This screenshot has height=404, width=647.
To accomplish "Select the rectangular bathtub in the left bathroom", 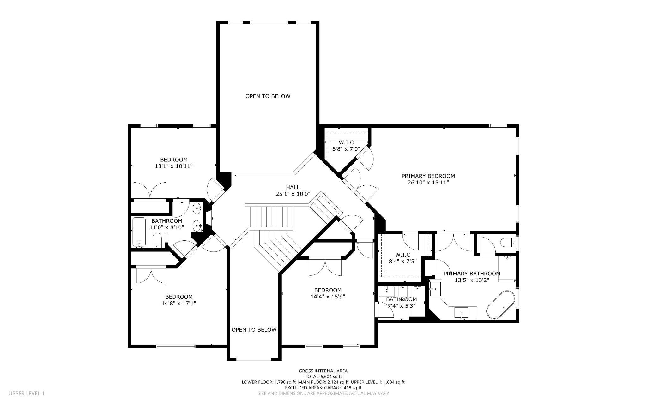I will (x=139, y=232).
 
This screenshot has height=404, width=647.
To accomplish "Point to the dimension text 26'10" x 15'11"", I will (x=428, y=183).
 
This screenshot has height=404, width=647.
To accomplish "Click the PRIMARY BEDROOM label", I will (x=428, y=176).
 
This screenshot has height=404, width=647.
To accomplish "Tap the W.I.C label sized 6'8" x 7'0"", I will (x=346, y=142).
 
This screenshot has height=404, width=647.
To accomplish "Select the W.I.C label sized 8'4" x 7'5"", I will (x=402, y=255).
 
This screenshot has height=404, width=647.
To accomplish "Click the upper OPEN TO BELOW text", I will (x=268, y=96).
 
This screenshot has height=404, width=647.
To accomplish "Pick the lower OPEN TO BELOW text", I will (x=254, y=330).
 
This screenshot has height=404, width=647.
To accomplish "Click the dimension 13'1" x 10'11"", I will (x=173, y=166).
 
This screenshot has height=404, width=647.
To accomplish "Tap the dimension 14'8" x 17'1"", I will (x=179, y=303).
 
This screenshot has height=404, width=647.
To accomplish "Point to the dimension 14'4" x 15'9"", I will (x=328, y=297).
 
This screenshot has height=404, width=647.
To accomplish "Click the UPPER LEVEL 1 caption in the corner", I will (x=27, y=393).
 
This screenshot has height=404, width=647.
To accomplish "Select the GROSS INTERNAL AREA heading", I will (x=323, y=371).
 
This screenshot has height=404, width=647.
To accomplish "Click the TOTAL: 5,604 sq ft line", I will (x=323, y=377).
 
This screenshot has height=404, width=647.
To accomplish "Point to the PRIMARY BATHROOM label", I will (x=472, y=274).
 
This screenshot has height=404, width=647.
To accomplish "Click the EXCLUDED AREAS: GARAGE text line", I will (x=323, y=388).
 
